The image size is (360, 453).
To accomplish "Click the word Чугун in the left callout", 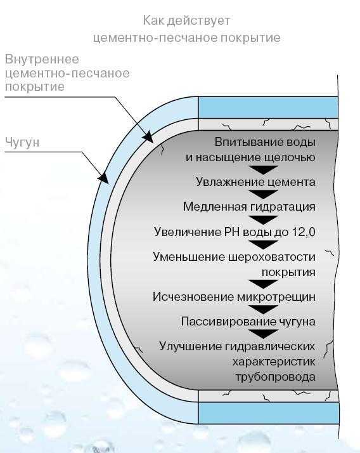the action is [22, 142].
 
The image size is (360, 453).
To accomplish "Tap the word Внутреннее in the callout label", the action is [42, 59].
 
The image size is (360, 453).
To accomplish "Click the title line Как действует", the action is [186, 21].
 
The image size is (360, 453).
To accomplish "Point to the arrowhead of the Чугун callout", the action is [104, 178].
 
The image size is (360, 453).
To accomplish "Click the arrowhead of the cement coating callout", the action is [148, 137].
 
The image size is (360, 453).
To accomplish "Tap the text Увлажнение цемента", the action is [255, 182].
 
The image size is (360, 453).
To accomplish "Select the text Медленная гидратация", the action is [249, 207].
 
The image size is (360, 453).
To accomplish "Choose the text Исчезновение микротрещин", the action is [234, 297].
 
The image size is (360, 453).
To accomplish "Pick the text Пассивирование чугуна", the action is [248, 322].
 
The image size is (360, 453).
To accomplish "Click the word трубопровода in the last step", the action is [276, 377].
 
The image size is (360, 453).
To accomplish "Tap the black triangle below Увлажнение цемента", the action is [263, 194].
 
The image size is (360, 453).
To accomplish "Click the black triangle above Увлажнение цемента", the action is [263, 169].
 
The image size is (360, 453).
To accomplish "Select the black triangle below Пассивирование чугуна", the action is [263, 334].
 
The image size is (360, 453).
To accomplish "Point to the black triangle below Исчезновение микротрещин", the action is [263, 310].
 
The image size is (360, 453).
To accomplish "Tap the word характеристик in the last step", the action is [274, 362].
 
